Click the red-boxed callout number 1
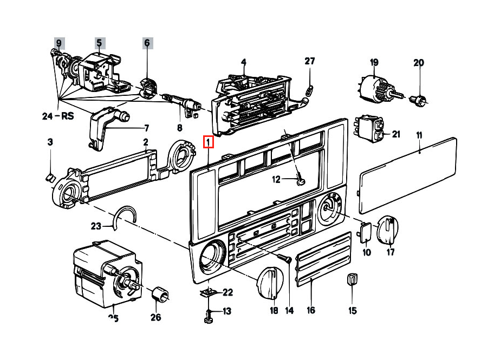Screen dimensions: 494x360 (208, 142)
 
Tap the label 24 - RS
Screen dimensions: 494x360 (58, 116)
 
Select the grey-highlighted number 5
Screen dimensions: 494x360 (100, 43)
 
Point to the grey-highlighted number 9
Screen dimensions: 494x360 (58, 43)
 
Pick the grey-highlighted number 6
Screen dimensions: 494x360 (147, 43)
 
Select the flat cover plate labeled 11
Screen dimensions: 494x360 (408, 175)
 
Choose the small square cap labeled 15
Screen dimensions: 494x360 (352, 279)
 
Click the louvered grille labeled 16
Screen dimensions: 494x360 (323, 259)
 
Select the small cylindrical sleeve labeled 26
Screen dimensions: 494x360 (160, 294)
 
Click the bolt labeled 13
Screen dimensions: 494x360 (208, 316)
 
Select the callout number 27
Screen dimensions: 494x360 (310, 61)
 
